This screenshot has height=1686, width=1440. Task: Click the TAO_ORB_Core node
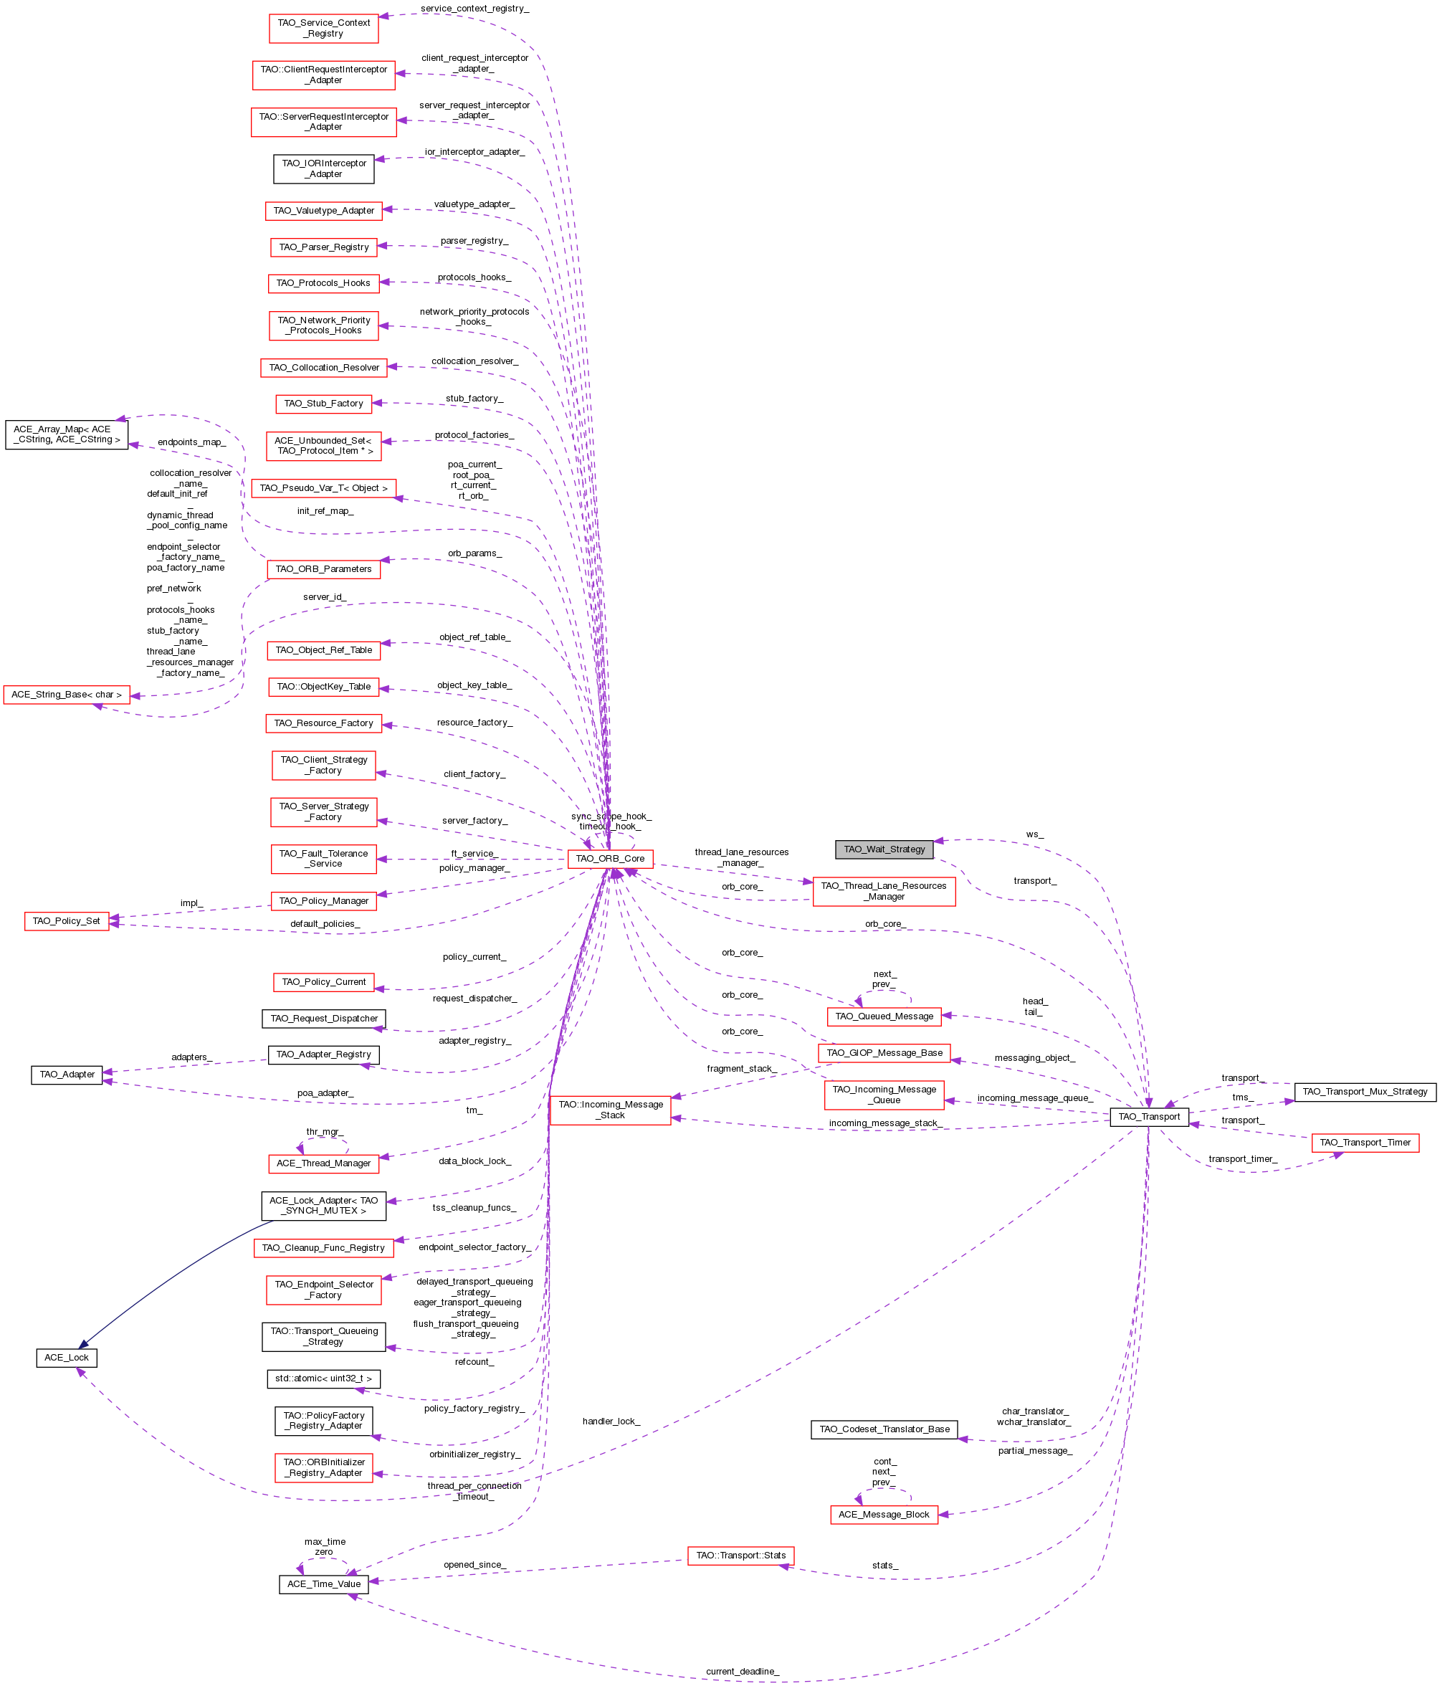click(609, 859)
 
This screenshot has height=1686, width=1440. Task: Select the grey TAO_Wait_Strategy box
click(884, 849)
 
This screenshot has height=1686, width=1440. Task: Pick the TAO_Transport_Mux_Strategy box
click(1364, 1091)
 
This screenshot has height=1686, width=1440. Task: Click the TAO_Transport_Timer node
click(1364, 1143)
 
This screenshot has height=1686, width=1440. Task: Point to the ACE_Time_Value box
click(324, 1583)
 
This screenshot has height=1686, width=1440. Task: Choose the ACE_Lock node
click(67, 1357)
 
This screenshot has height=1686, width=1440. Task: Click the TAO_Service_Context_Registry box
click(323, 29)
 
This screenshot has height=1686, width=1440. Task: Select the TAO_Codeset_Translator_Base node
click(884, 1429)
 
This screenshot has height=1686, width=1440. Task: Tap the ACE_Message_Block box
click(884, 1514)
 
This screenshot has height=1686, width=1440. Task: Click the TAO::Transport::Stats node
click(740, 1555)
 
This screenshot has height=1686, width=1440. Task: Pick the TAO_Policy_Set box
click(67, 921)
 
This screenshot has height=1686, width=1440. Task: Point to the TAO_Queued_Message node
click(884, 1016)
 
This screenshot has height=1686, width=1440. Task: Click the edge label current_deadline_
click(742, 1672)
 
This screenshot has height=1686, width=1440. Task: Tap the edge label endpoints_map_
click(191, 442)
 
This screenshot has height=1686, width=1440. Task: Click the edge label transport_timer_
click(1242, 1158)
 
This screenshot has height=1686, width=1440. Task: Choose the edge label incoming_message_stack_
click(884, 1123)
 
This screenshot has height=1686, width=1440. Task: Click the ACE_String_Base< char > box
click(67, 694)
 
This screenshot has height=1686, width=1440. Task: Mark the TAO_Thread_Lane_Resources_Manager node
click(884, 891)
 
